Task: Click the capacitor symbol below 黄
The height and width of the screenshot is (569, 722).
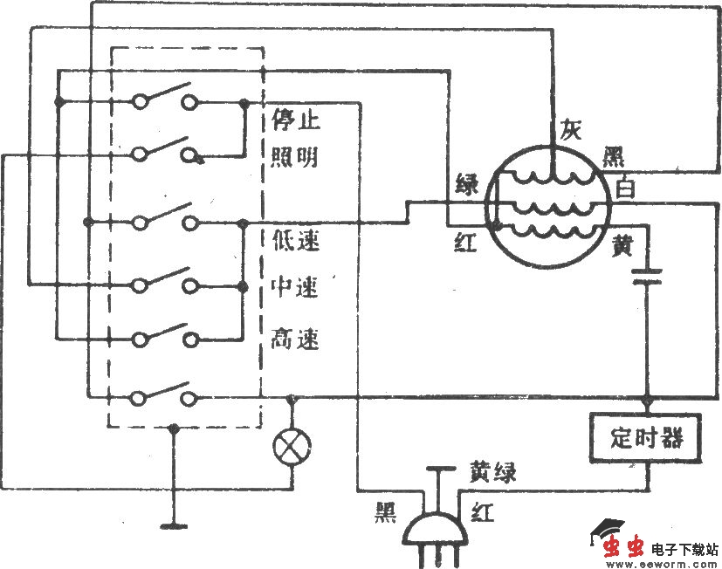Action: pos(647,278)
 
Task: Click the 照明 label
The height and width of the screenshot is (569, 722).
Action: pos(294,157)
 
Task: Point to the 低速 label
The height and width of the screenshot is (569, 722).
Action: pos(295,241)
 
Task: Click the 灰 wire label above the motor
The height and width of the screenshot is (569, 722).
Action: pos(570,131)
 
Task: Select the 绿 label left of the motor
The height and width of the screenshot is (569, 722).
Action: pos(466,184)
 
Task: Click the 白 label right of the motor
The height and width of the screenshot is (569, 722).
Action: pos(625,188)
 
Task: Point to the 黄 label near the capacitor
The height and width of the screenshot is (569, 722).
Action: pos(622,248)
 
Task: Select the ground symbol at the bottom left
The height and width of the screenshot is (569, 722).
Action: pos(174,526)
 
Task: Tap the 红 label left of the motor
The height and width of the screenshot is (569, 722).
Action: pos(465,243)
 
